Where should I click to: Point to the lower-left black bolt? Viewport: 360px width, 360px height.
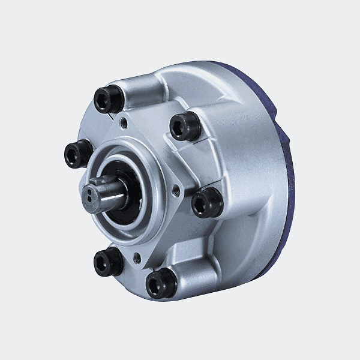tap(108, 262)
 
